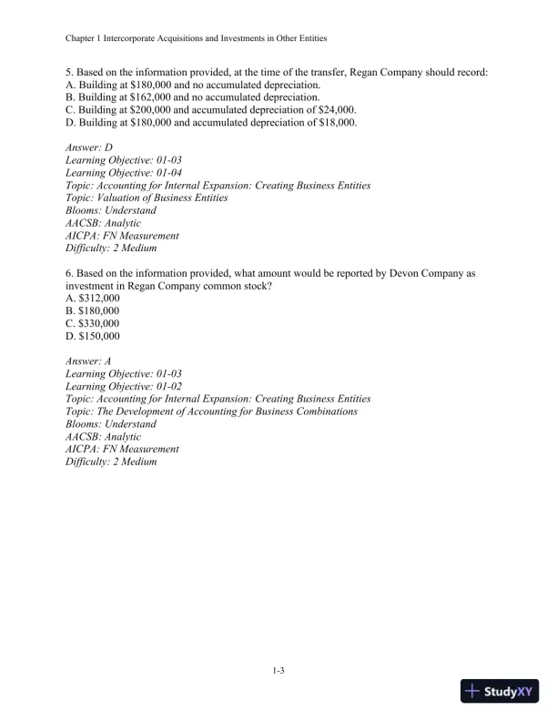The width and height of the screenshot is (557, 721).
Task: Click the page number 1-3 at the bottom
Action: [278, 672]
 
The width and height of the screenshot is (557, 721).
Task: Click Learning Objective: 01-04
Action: [124, 172]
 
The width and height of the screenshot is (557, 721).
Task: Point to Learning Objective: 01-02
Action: [124, 387]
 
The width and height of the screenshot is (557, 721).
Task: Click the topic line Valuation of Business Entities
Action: [147, 198]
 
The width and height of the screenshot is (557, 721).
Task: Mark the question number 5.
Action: [69, 71]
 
